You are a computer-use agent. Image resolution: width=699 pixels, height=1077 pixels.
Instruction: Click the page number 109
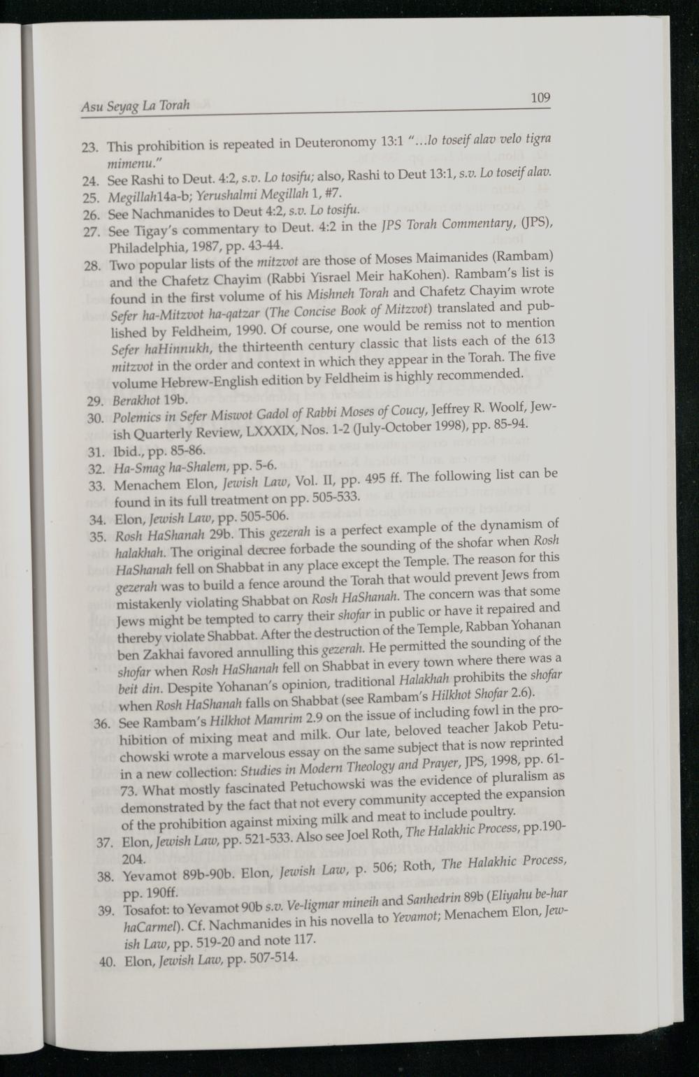point(540,97)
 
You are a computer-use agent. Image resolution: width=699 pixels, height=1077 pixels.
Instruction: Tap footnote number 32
point(93,469)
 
